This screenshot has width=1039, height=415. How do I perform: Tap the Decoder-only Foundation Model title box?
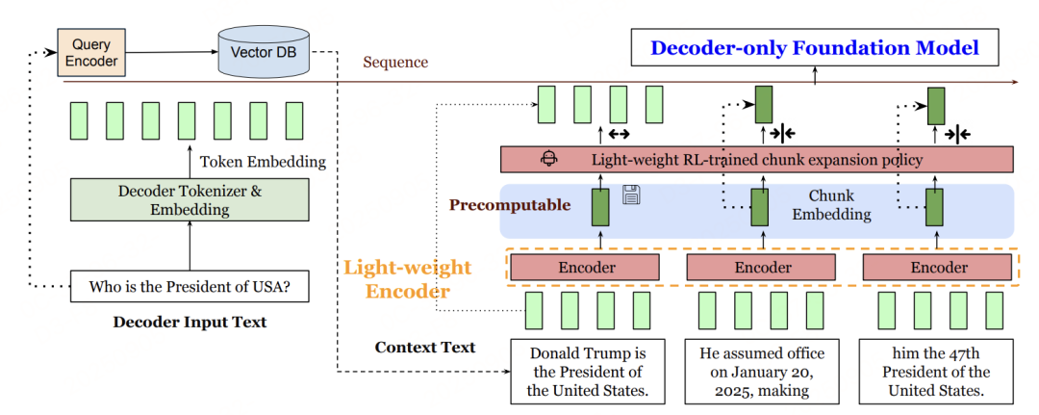(x=814, y=48)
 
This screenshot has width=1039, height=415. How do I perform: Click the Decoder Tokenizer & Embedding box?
(x=189, y=199)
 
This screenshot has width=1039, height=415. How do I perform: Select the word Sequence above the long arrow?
(x=395, y=63)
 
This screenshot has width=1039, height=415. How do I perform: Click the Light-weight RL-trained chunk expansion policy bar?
(x=756, y=159)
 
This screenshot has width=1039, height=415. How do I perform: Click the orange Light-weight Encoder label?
(x=408, y=277)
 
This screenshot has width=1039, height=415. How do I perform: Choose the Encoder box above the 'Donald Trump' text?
(x=585, y=268)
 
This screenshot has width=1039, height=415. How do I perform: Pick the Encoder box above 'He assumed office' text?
(x=762, y=268)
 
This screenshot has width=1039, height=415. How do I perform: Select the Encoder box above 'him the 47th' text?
(x=938, y=268)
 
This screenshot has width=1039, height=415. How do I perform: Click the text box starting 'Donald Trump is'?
(x=585, y=371)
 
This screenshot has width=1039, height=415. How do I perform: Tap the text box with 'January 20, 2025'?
(x=762, y=371)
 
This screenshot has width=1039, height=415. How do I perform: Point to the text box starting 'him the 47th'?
(x=938, y=371)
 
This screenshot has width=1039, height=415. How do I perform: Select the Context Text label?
(x=425, y=347)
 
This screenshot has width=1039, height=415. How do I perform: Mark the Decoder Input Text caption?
(x=190, y=322)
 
